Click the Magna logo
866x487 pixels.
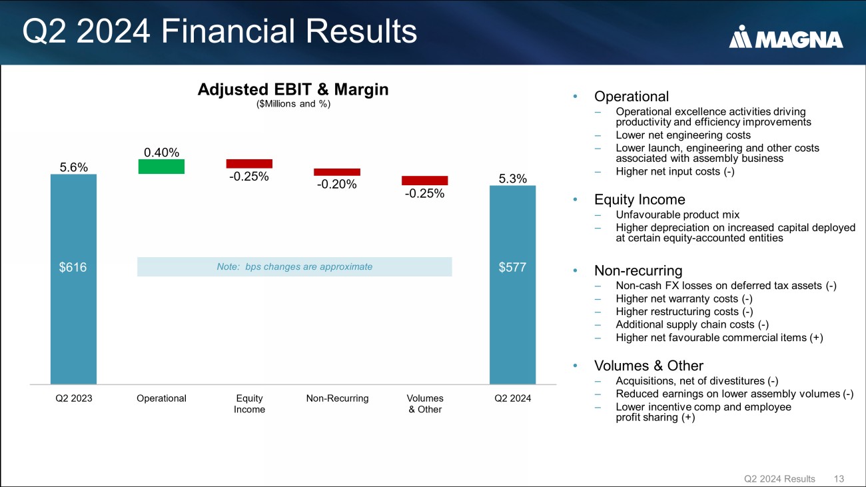(785, 37)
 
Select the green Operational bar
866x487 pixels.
(161, 167)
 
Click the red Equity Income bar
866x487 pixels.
(249, 163)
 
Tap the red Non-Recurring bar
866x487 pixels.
(337, 172)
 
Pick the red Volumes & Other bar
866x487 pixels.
(425, 181)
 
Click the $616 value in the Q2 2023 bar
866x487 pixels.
(73, 267)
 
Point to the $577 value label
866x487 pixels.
(512, 267)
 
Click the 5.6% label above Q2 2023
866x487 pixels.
(73, 167)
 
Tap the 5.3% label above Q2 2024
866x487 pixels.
(513, 179)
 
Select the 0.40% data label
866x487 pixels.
(162, 153)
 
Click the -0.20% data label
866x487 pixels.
(336, 184)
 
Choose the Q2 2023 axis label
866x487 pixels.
(74, 398)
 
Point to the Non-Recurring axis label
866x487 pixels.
(338, 398)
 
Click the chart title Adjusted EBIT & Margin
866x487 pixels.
(293, 89)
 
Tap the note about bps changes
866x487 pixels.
(294, 266)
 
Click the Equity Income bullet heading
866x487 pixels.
(640, 199)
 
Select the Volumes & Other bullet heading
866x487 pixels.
(649, 366)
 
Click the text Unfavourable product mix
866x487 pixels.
(677, 215)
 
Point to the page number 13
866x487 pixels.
(839, 479)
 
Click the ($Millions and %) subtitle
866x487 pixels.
(293, 103)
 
